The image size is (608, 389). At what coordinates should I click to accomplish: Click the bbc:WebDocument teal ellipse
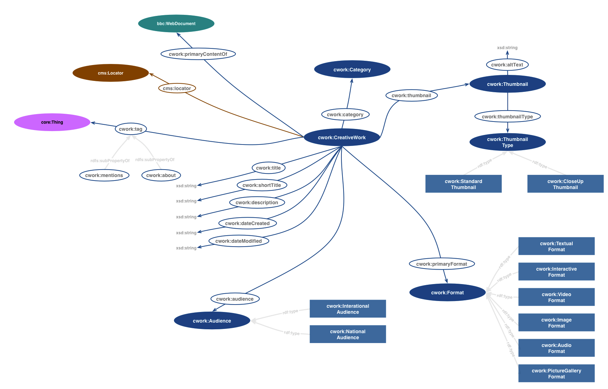coord(176,24)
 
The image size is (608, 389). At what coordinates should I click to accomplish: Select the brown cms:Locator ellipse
coord(111,73)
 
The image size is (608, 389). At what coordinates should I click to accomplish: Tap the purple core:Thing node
coord(52,122)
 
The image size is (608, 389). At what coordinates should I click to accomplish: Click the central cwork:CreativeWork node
coord(341,137)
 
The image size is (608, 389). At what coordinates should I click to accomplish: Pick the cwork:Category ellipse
coord(352,70)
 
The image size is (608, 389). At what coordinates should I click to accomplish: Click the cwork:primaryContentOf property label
coord(198,54)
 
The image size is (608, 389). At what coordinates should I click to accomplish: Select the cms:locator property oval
coord(177,88)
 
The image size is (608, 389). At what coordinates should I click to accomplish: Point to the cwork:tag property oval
coord(131,129)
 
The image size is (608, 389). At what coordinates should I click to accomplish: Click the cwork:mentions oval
coord(104,175)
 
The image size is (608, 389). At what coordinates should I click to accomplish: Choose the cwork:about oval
coord(161,175)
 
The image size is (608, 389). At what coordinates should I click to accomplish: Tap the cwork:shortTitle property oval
coord(262,185)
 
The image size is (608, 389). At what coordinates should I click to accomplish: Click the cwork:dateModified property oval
coord(239,241)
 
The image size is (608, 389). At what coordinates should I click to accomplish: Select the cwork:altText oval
coord(507,65)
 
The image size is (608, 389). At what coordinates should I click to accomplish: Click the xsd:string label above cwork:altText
coord(507,48)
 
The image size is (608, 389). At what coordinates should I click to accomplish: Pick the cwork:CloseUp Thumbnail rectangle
coord(565,184)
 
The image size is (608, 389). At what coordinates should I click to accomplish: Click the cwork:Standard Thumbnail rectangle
coord(463,184)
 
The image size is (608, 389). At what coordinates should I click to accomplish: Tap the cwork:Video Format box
coord(556,297)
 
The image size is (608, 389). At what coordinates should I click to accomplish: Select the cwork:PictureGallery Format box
coord(556,373)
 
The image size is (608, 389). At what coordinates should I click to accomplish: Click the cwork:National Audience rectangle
coord(347,334)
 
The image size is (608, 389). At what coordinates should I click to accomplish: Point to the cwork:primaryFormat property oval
coord(441,264)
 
